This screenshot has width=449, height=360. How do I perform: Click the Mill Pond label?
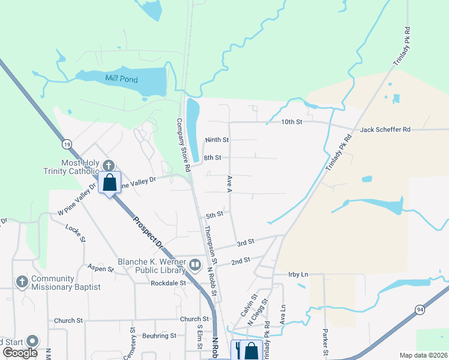click(121, 79)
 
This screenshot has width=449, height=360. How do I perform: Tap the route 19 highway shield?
click(67, 144)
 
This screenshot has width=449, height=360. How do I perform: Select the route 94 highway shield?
click(420, 309)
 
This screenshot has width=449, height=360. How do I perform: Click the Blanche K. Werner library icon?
click(195, 265)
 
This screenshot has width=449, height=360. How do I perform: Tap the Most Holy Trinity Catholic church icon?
click(109, 165)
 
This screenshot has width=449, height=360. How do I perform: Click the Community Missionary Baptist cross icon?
click(22, 281)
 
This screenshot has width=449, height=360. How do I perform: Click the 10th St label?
click(292, 122)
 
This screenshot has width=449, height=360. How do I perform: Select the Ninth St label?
click(217, 140)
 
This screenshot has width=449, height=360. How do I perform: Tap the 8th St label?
click(212, 158)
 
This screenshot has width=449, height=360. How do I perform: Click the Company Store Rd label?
click(182, 140)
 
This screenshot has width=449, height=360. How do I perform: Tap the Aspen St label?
click(100, 269)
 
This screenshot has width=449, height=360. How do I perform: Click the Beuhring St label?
click(159, 336)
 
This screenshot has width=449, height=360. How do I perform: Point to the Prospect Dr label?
click(147, 232)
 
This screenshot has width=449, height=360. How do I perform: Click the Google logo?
click(20, 353)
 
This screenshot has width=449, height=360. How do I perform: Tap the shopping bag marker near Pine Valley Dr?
click(110, 182)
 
